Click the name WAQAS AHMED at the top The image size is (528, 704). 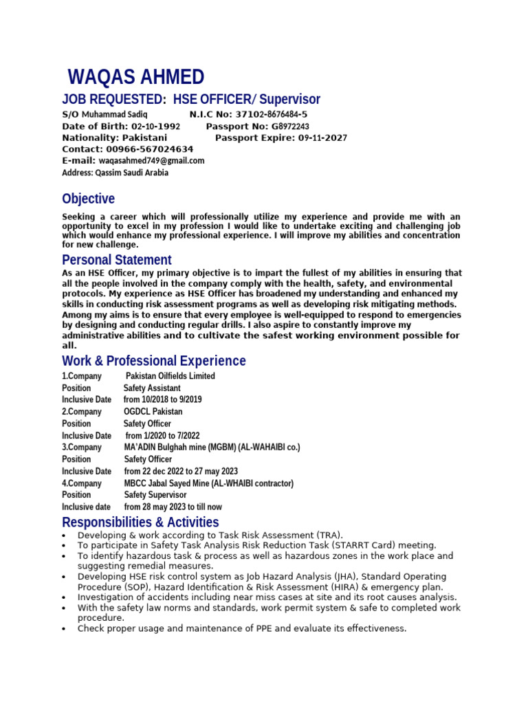[x=135, y=77]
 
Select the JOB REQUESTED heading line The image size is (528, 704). [x=191, y=99]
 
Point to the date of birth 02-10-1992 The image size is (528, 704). [x=155, y=126]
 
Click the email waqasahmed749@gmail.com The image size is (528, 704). [x=151, y=161]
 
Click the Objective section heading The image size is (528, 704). [x=89, y=199]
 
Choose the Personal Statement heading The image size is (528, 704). [x=117, y=260]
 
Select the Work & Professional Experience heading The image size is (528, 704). [x=154, y=361]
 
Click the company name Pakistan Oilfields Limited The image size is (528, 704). [x=170, y=376]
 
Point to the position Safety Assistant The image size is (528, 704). [x=152, y=388]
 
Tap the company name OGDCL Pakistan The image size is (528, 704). [x=153, y=412]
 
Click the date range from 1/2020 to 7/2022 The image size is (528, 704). [x=162, y=436]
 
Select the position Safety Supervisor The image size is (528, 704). [x=155, y=495]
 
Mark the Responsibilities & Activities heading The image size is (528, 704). [x=140, y=522]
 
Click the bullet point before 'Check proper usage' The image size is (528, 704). [x=64, y=629]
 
